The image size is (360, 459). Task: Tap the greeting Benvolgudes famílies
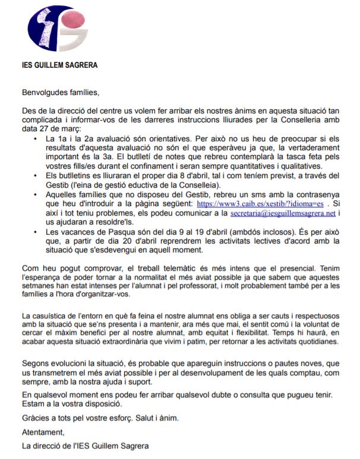57,93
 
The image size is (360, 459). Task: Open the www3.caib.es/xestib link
260,203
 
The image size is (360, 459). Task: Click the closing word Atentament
43,432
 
